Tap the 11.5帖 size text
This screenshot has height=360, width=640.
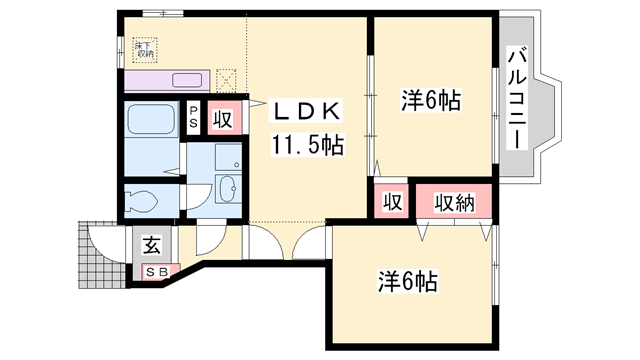(305, 146)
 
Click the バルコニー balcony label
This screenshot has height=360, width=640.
(517, 98)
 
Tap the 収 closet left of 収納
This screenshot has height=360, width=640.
(393, 201)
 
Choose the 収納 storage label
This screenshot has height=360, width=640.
(453, 201)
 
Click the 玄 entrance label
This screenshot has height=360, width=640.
(153, 244)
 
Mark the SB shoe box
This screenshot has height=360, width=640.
(157, 270)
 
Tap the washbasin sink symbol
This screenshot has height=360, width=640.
(226, 186)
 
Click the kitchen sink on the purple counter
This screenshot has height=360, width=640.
(186, 79)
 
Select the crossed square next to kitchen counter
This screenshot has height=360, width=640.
(227, 79)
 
